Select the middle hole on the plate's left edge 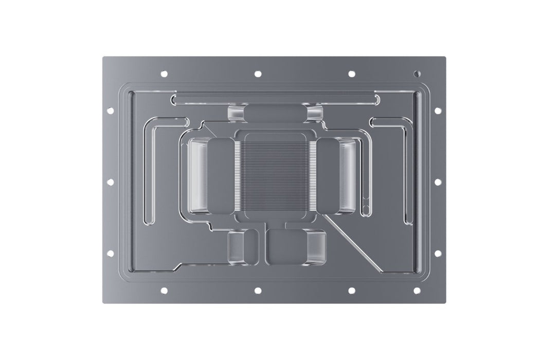[109, 182]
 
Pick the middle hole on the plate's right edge [438, 182]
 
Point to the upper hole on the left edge [109, 110]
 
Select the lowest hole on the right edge [438, 253]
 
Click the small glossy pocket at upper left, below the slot [236, 113]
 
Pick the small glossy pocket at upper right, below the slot [314, 113]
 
